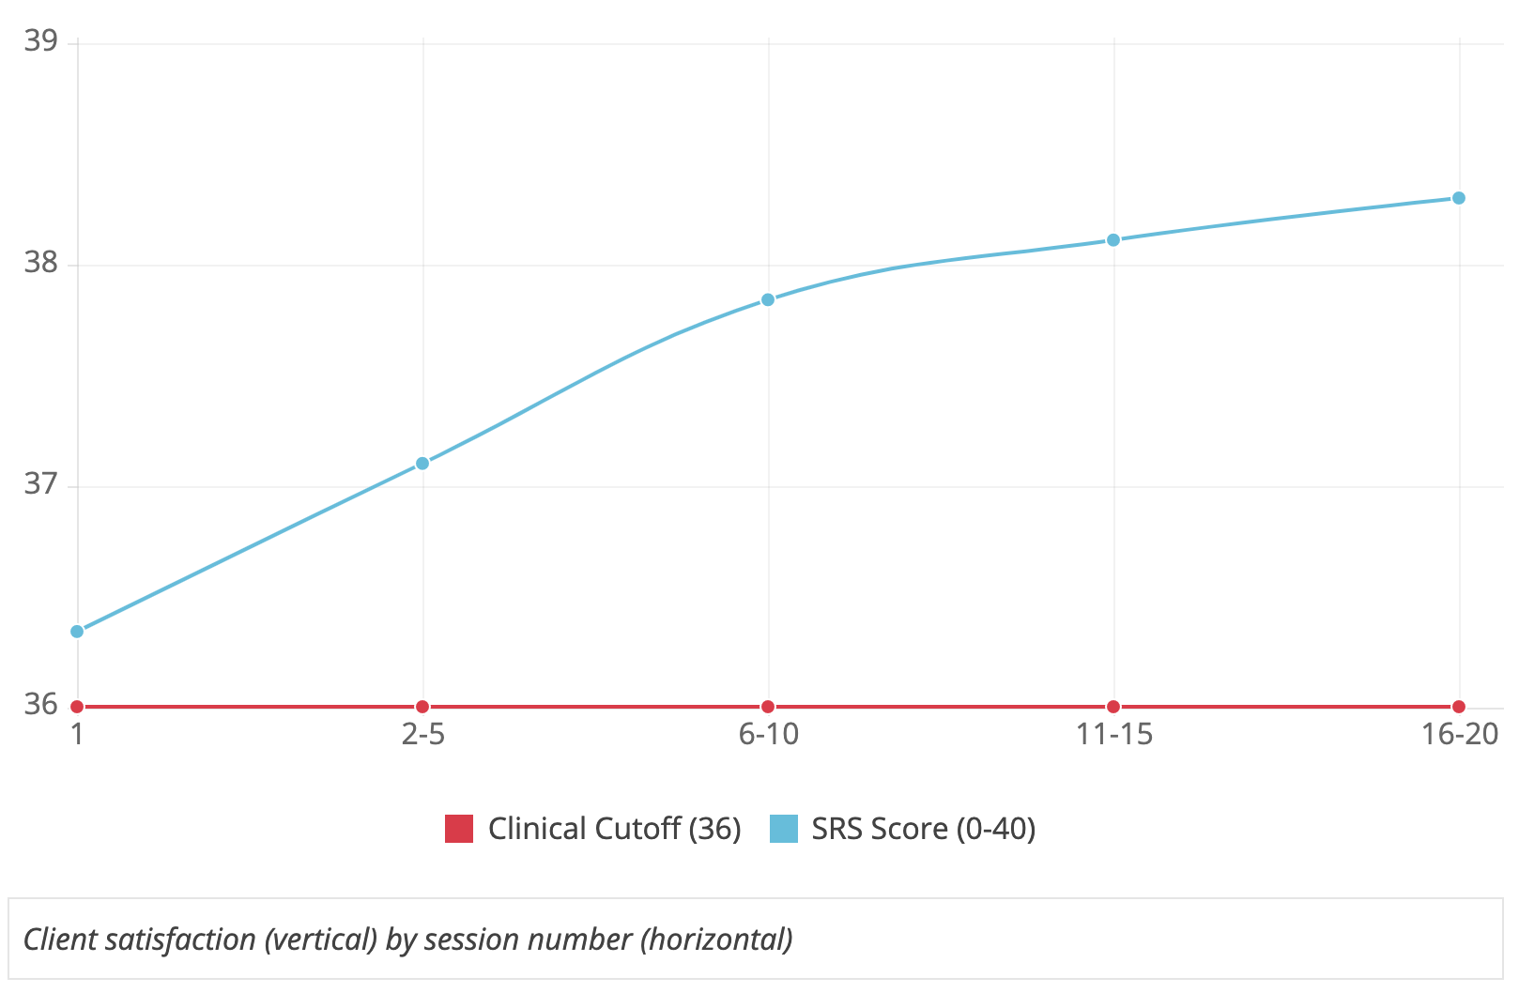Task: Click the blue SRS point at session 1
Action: click(77, 631)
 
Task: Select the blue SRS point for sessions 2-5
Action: click(422, 463)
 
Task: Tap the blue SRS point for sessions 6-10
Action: click(768, 299)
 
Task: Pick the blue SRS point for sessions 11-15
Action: click(1113, 239)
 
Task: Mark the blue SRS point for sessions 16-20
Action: click(1459, 198)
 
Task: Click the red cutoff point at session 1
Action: click(77, 707)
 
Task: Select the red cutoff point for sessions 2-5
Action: click(422, 707)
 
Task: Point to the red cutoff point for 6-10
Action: click(768, 707)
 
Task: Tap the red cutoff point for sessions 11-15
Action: click(1113, 707)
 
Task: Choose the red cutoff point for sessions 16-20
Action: click(1459, 707)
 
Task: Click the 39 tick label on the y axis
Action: click(40, 41)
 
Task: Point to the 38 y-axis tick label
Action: click(40, 263)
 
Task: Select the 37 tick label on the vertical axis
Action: click(40, 484)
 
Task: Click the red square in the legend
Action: click(459, 829)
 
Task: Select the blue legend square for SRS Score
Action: click(784, 829)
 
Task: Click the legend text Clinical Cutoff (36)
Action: click(614, 829)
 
